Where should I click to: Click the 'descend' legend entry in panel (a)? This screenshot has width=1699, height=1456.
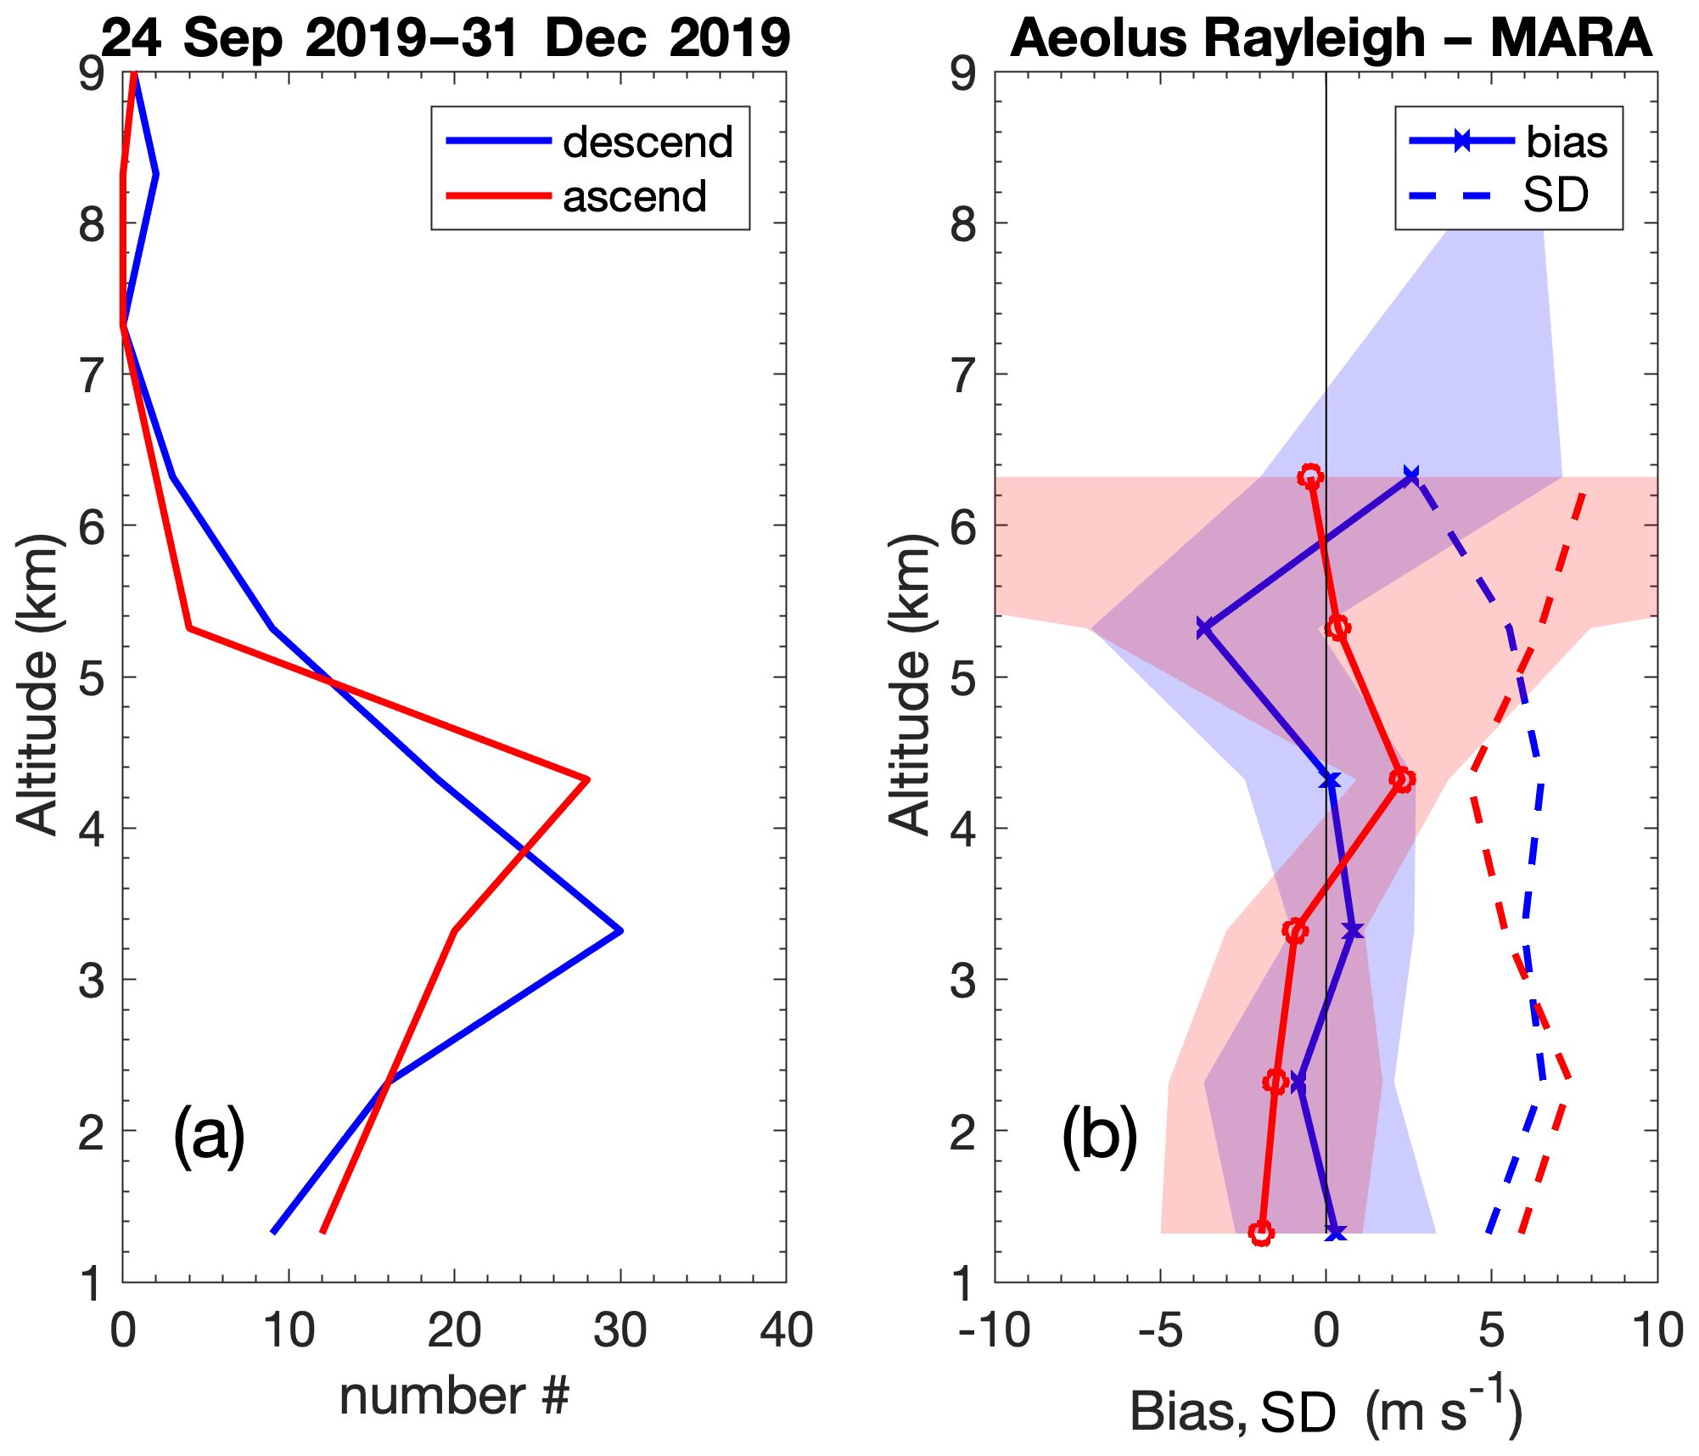[x=647, y=142]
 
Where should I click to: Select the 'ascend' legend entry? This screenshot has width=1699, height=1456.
[x=634, y=196]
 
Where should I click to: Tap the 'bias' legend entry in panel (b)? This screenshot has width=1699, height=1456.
[x=1566, y=142]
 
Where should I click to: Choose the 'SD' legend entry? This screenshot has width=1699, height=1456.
[x=1556, y=195]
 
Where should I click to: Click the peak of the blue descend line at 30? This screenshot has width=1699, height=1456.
[x=621, y=930]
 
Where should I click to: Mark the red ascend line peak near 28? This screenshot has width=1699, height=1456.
[x=587, y=779]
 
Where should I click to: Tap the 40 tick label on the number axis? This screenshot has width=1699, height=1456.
[x=786, y=1330]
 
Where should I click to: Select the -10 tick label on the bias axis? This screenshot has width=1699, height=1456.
[x=995, y=1330]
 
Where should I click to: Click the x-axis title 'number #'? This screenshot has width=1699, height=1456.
[x=454, y=1396]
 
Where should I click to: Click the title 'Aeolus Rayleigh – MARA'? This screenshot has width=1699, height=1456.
[x=1331, y=38]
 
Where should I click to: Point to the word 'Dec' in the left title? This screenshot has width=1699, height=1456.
[x=595, y=38]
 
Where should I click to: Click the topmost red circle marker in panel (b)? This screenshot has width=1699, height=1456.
[x=1311, y=476]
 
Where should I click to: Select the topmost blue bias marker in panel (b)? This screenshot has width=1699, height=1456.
[x=1411, y=475]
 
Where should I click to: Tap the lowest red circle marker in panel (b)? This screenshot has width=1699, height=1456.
[x=1262, y=1233]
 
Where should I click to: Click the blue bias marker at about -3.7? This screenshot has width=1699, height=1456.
[x=1204, y=629]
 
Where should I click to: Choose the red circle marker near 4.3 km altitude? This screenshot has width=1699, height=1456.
[x=1402, y=779]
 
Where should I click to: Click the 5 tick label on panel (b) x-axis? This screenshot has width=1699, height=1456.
[x=1492, y=1330]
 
